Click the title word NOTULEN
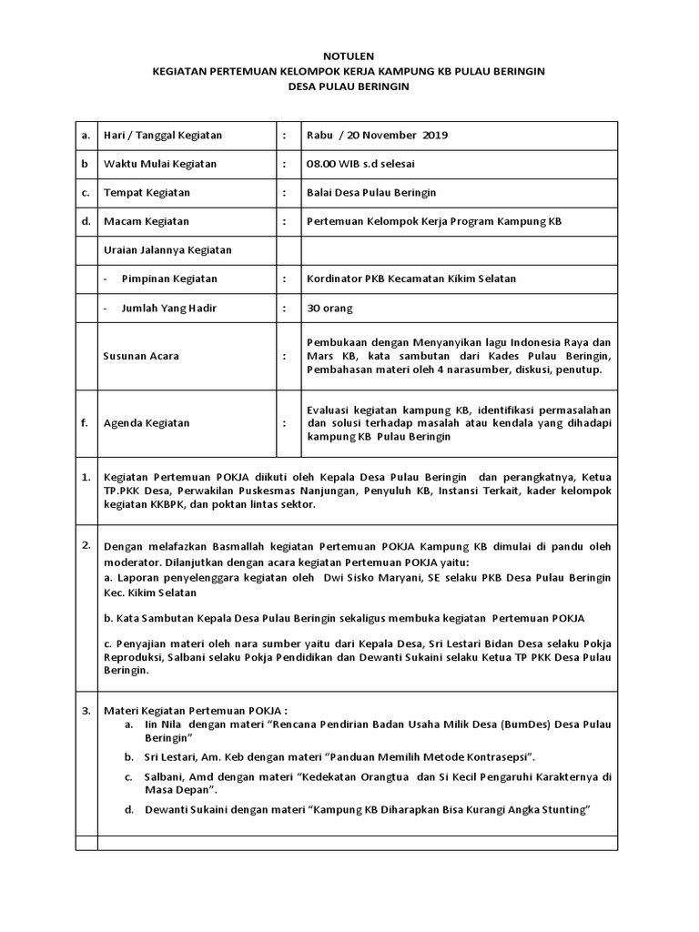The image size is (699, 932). (350, 56)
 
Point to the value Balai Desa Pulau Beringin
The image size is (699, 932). (372, 193)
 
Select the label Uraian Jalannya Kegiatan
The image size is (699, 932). (167, 249)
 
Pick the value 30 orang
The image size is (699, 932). (329, 308)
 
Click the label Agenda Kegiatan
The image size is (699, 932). (147, 423)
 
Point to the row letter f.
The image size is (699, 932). (85, 423)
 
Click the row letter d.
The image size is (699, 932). (85, 221)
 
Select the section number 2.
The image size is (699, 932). (85, 545)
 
